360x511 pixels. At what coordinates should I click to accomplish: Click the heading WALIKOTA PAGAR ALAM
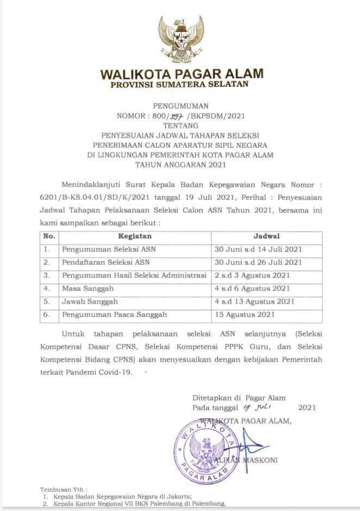point(180,74)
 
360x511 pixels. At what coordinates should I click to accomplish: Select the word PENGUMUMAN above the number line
point(179,105)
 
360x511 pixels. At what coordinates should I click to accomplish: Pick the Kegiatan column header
point(134,236)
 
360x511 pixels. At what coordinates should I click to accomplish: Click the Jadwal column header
point(266,236)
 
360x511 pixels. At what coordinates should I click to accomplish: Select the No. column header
point(49,236)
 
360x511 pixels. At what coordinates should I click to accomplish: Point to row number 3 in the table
point(48,275)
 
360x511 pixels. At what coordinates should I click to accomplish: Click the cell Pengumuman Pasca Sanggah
point(114,314)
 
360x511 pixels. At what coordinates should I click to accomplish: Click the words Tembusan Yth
point(63,489)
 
